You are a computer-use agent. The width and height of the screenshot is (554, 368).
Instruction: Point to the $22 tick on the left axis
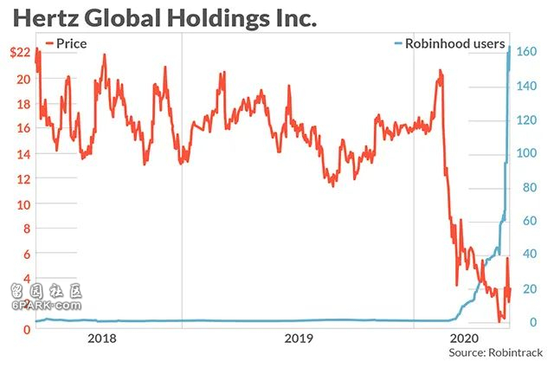click(x=19, y=54)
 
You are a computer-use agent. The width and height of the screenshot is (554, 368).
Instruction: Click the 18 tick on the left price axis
click(x=23, y=104)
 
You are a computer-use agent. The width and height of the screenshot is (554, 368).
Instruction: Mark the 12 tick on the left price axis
click(x=23, y=179)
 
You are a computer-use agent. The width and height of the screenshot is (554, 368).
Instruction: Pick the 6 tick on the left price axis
click(x=27, y=254)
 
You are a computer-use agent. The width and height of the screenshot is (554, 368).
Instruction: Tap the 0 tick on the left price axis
click(x=27, y=328)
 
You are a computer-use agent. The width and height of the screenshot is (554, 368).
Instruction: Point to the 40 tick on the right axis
click(x=525, y=255)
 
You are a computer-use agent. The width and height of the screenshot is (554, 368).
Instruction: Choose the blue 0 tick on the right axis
click(x=522, y=322)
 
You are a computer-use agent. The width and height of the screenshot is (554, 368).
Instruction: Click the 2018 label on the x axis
click(x=104, y=339)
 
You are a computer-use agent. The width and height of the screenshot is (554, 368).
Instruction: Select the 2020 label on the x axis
click(x=465, y=339)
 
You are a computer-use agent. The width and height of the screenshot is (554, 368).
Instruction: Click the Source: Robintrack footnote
click(x=494, y=353)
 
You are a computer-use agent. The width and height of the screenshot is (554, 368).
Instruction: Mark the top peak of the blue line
click(x=509, y=47)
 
